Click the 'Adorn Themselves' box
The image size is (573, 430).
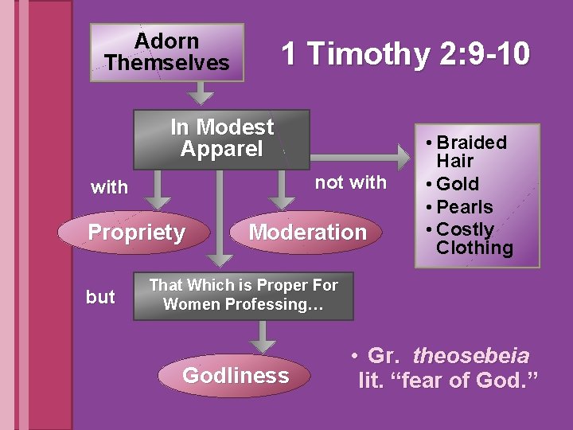[x=166, y=53]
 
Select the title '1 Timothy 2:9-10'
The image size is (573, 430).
[x=405, y=54]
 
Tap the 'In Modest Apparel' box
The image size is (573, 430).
[x=221, y=139]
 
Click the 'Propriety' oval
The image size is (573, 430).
[x=136, y=233]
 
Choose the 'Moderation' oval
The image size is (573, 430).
[x=308, y=233]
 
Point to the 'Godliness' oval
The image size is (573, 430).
[x=236, y=376]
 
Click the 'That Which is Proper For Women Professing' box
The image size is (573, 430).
[x=243, y=295]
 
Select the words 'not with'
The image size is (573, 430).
[x=350, y=182]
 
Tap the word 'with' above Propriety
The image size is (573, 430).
[x=109, y=187]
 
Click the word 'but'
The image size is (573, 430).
[x=100, y=297]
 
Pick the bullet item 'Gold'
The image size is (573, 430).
[x=457, y=184]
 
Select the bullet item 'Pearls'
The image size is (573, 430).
[x=464, y=207]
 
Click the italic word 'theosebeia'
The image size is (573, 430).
[x=471, y=357]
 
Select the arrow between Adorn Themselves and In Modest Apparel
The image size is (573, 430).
[x=204, y=94]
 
